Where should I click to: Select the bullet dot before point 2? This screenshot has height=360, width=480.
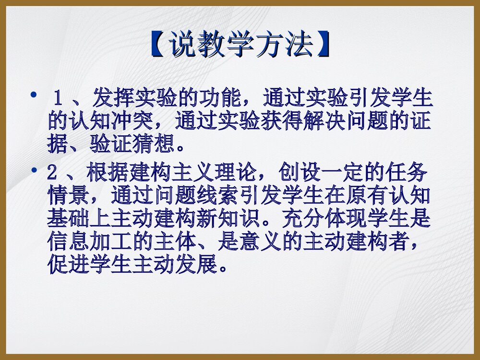click(33, 170)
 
